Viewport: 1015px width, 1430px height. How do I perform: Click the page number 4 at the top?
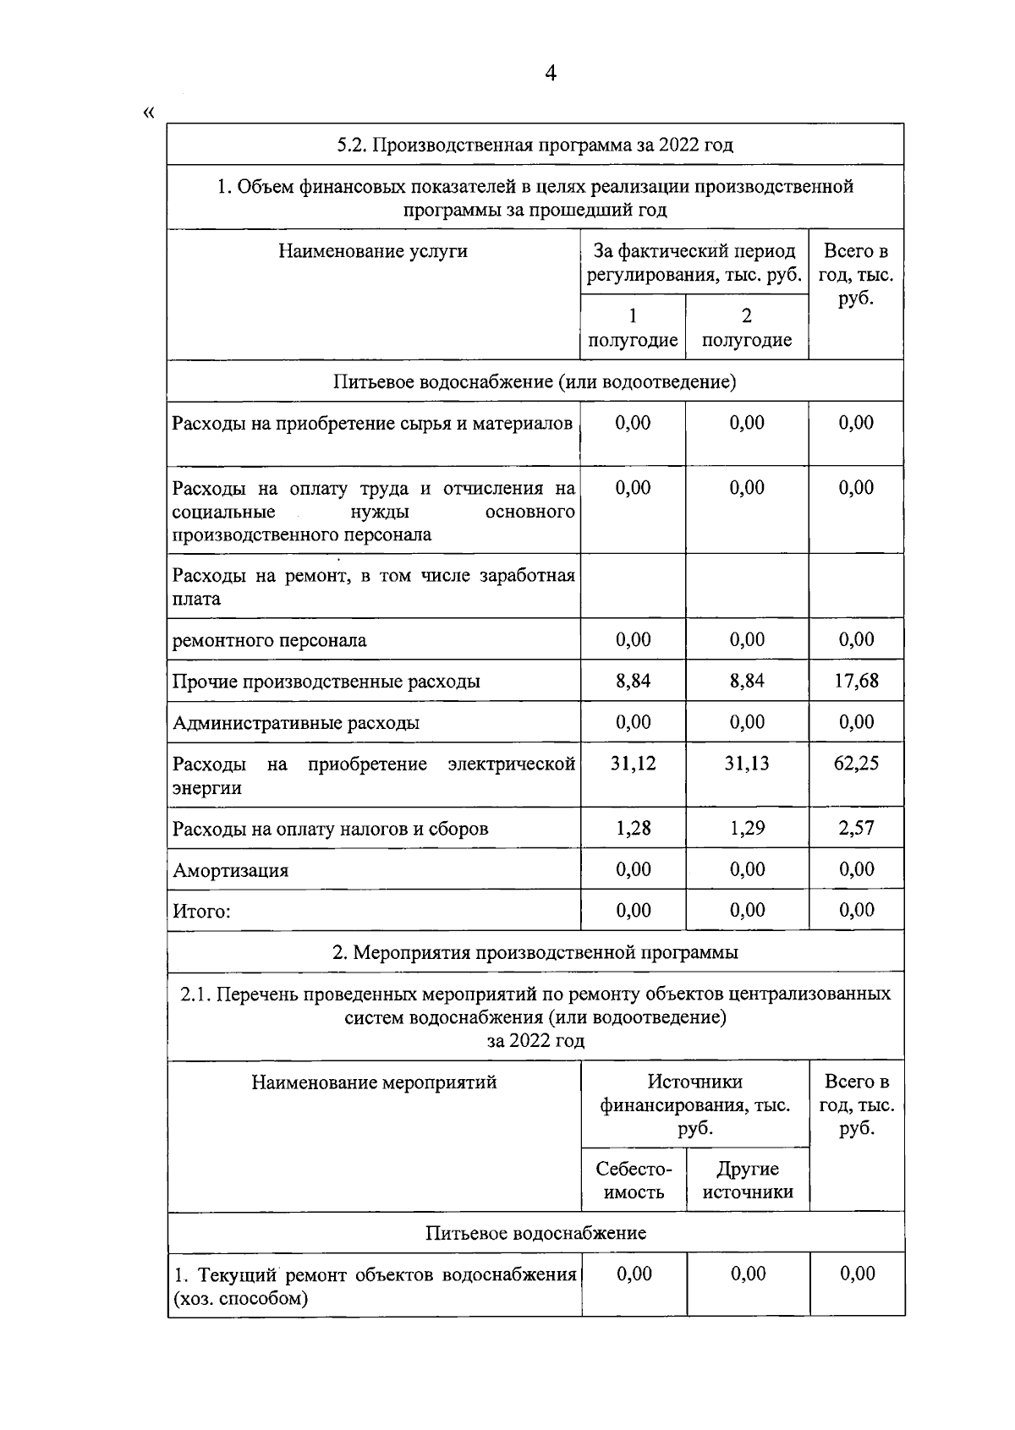click(x=551, y=74)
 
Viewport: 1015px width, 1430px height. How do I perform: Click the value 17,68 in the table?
click(x=856, y=681)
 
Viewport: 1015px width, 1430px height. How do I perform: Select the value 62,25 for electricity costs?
click(x=856, y=764)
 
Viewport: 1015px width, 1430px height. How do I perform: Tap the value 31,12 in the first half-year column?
click(x=633, y=764)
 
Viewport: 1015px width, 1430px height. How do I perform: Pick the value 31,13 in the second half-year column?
click(x=747, y=764)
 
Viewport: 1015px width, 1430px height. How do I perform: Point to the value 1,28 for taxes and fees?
click(x=633, y=828)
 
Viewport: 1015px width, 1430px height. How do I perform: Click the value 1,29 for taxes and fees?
click(x=747, y=828)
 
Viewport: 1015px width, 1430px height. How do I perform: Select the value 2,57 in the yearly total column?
click(x=856, y=828)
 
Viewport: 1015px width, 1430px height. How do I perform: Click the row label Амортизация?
click(x=230, y=870)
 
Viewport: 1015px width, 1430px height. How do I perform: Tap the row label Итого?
click(x=201, y=912)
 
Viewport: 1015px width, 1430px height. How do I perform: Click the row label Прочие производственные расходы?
click(x=326, y=682)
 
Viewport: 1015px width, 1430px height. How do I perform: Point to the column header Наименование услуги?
click(x=373, y=251)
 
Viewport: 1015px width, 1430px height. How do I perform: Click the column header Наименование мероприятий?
click(x=374, y=1082)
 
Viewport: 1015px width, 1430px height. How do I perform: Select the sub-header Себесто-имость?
click(x=634, y=1181)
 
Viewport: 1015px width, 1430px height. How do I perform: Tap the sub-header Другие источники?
click(x=748, y=1181)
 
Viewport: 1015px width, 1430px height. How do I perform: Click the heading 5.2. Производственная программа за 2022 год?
click(x=535, y=145)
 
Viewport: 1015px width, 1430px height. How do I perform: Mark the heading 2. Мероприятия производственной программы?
click(x=535, y=952)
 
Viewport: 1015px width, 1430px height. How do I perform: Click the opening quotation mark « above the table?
click(x=150, y=112)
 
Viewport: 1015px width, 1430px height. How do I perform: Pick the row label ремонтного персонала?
click(x=269, y=640)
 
